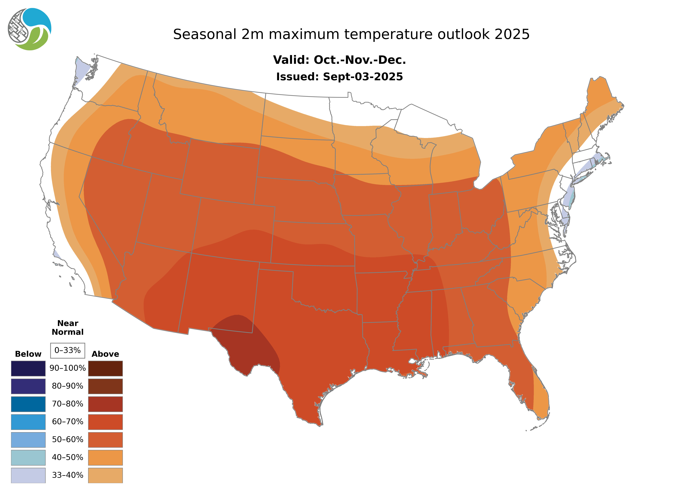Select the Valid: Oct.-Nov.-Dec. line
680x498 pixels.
click(x=339, y=60)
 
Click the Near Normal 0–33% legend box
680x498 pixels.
click(x=68, y=350)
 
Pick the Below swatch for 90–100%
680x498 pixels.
click(x=28, y=368)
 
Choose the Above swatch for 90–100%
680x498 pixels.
click(x=105, y=368)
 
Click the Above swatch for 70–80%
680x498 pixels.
click(x=105, y=404)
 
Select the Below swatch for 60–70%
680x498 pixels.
click(x=28, y=422)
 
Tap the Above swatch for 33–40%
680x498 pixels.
click(x=105, y=475)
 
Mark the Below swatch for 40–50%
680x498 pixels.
click(x=28, y=457)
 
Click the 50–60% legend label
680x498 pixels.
click(x=68, y=440)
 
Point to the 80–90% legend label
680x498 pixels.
click(x=68, y=386)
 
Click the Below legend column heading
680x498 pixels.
click(x=28, y=354)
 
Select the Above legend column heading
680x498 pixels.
click(x=105, y=354)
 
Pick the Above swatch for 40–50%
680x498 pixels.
click(x=105, y=457)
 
